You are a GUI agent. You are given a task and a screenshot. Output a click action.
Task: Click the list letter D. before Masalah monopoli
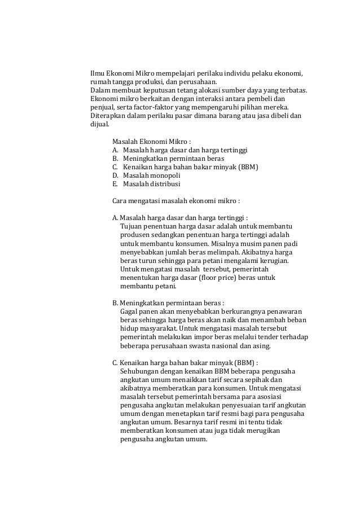[116, 175]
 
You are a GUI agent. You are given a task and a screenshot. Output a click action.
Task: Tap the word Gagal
[131, 310]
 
